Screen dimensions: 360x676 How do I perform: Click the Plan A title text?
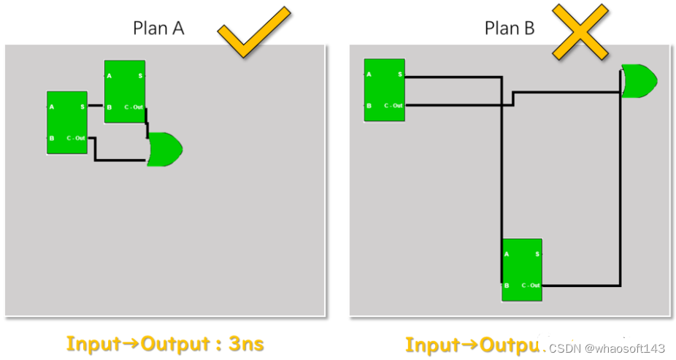pos(158,28)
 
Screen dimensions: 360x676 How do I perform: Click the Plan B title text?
pos(510,28)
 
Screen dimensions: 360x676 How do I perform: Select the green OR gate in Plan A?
pos(164,149)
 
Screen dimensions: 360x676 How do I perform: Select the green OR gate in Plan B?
pos(637,80)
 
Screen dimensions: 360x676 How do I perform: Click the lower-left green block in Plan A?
pos(67,122)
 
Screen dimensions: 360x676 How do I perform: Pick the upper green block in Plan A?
pos(125,91)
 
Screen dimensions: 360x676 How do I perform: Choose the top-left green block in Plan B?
pos(384,89)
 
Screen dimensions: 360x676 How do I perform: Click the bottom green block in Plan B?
pos(522,269)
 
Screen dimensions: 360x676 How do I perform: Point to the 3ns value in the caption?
pos(246,343)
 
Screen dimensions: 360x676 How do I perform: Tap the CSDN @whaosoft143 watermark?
pos(607,348)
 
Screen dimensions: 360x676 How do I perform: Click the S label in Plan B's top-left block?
pos(399,74)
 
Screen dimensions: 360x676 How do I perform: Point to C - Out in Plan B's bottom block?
pos(531,285)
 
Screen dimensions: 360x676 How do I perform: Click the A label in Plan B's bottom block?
pos(507,254)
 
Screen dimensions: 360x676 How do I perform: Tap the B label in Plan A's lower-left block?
pos(52,138)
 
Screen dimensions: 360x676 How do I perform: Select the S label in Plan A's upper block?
pos(140,76)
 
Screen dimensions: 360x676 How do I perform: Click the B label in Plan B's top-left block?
pos(369,106)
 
